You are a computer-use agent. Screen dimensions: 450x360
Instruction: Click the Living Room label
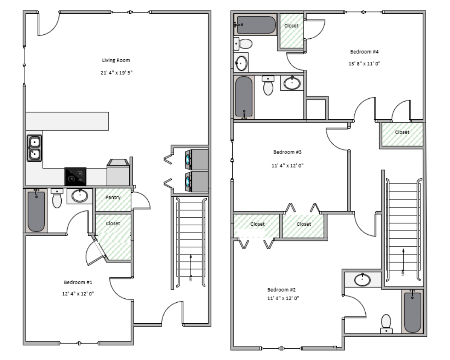(x=116, y=60)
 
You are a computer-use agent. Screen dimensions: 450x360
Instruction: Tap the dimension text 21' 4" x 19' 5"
(x=117, y=73)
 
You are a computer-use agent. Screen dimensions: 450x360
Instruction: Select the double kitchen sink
(x=34, y=148)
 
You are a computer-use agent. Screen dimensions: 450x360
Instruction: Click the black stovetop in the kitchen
(x=75, y=177)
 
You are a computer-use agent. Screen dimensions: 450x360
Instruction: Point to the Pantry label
(x=113, y=198)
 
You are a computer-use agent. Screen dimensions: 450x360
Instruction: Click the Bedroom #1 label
(x=78, y=282)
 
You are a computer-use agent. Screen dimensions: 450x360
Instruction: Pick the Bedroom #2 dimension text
(x=283, y=298)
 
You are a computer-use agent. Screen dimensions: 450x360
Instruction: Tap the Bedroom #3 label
(x=287, y=152)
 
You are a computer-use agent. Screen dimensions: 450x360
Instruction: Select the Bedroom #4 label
(x=364, y=52)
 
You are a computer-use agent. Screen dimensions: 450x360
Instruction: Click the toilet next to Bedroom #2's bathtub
(x=386, y=324)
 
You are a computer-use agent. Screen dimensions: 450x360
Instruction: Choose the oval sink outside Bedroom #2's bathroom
(x=362, y=280)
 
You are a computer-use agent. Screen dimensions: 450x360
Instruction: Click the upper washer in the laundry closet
(x=197, y=159)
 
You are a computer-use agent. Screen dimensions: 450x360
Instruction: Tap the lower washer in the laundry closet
(x=197, y=181)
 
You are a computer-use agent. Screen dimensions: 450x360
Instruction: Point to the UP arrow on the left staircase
(x=191, y=267)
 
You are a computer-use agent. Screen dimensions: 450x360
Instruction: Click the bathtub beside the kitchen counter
(x=36, y=211)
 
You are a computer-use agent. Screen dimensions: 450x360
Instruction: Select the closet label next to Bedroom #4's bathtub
(x=291, y=25)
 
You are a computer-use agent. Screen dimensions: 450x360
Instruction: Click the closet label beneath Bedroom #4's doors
(x=402, y=132)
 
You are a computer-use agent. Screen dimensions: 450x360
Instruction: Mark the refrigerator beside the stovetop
(x=118, y=173)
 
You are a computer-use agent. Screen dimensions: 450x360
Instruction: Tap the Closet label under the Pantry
(x=113, y=223)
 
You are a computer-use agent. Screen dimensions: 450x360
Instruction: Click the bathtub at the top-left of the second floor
(x=255, y=25)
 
